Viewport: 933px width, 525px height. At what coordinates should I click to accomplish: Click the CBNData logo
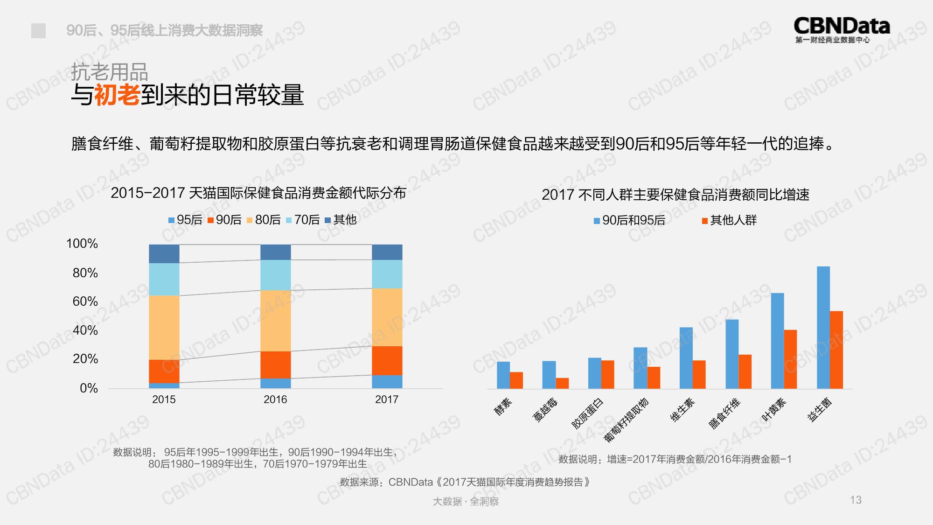pos(842,29)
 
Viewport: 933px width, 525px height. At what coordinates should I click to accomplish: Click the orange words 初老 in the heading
pos(117,95)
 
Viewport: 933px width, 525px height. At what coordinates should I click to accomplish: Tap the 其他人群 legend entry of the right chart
pos(729,220)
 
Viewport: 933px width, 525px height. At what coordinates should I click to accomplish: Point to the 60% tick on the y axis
pos(85,301)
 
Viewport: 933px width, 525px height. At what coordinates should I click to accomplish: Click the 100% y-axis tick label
pos(82,244)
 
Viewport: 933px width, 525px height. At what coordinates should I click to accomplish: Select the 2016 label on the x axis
pos(275,399)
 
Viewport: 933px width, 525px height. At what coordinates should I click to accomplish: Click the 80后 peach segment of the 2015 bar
pos(164,327)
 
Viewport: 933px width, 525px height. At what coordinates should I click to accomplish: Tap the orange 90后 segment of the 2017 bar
pos(387,360)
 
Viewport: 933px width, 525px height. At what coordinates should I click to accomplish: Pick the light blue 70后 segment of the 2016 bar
pos(275,275)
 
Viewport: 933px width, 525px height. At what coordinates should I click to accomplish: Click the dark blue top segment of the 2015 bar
pos(164,253)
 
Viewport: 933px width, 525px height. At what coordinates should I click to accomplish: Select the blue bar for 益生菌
pos(823,327)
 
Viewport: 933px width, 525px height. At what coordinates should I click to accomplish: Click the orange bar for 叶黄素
pos(790,359)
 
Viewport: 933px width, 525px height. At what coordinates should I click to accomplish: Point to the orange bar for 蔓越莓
pos(562,383)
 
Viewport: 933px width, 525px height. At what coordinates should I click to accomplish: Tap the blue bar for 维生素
pos(686,357)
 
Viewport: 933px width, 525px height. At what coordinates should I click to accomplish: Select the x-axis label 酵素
pos(503,406)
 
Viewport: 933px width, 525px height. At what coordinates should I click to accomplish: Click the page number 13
pos(856,500)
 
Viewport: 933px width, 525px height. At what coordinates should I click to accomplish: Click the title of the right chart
pos(675,195)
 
